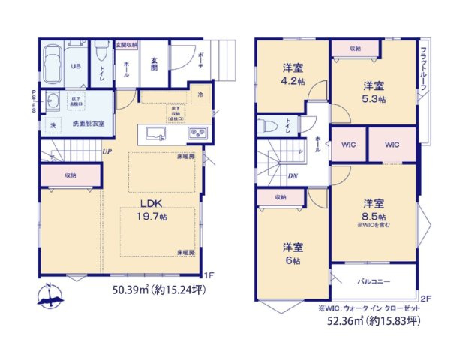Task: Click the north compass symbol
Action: tap(49, 296)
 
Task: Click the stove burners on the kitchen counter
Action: tap(197, 134)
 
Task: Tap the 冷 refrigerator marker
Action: tap(200, 95)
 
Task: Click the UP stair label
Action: tap(107, 151)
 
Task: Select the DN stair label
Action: tap(292, 176)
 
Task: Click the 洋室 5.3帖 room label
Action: tap(373, 91)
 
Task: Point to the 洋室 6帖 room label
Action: tap(292, 253)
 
